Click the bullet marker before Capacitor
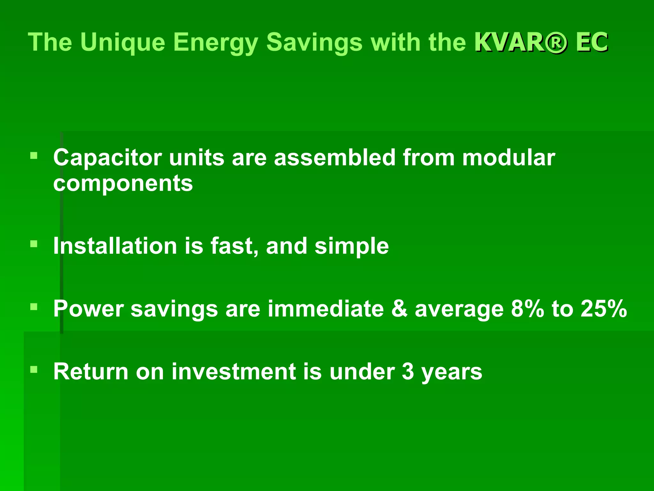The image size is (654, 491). coord(34,156)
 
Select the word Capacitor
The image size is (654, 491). coord(108,158)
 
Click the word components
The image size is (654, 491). coord(123,184)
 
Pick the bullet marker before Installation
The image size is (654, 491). coord(34,245)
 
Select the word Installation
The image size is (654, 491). coord(115,246)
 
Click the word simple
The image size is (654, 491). coord(352,246)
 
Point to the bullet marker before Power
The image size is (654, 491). coord(34,307)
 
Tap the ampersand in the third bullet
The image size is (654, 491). coord(399,309)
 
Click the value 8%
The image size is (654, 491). coord(527,309)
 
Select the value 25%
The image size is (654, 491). coord(604,309)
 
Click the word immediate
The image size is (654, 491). coord(325,309)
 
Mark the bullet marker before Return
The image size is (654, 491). coord(34,370)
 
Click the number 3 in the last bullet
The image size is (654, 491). coord(408,372)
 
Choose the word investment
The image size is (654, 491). coord(233,372)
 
